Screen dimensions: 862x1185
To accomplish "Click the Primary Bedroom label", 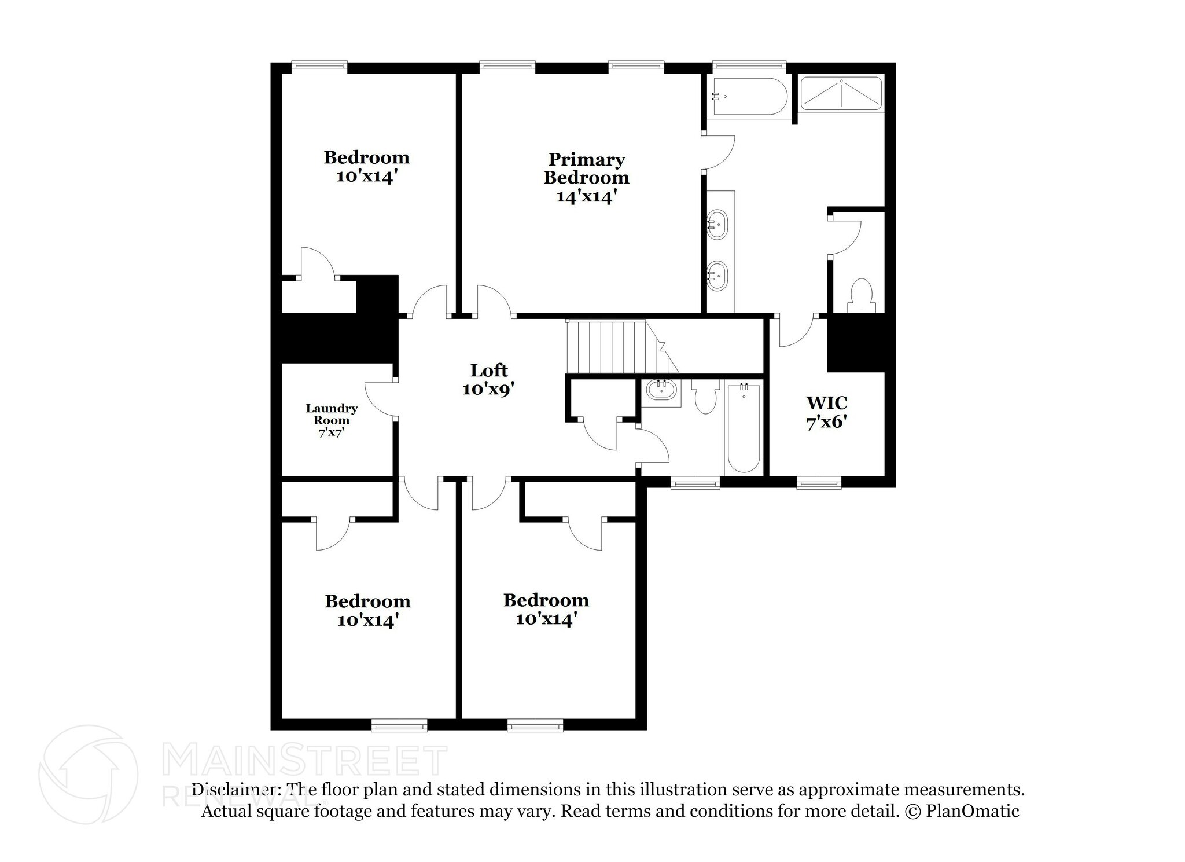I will [586, 177].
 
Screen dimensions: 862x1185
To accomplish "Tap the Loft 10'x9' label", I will [488, 379].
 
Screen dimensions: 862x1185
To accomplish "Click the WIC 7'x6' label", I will [827, 412].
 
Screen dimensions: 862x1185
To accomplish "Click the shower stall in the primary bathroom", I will [841, 94].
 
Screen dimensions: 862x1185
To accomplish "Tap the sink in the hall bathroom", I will [661, 390].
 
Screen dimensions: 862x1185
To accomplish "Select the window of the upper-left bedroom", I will [319, 67].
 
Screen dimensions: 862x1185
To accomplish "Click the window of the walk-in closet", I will [819, 482].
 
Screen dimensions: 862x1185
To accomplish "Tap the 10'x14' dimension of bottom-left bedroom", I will [367, 621].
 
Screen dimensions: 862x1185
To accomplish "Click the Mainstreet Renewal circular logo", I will [88, 774].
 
